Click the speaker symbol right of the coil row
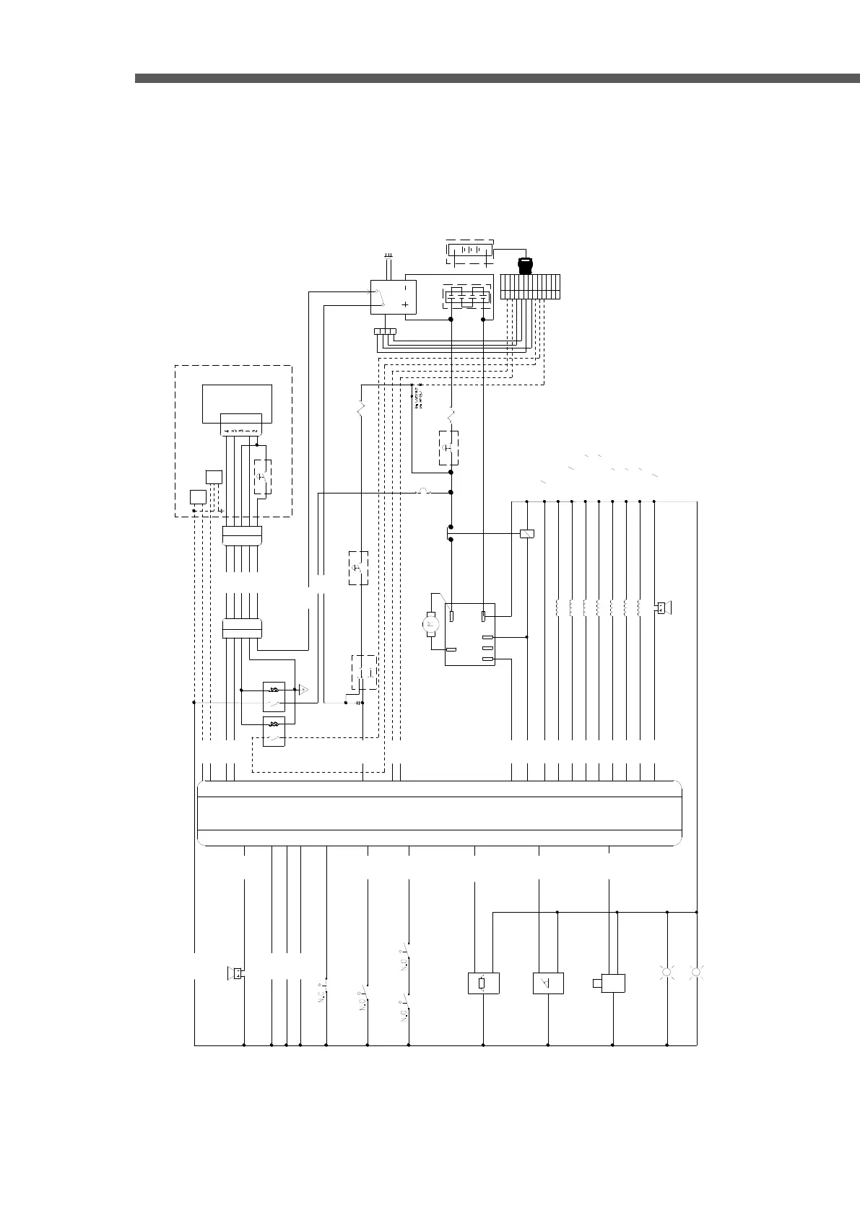click(x=661, y=608)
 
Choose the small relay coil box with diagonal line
click(x=527, y=534)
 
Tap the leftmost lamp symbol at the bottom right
click(x=666, y=973)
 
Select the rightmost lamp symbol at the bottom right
click(x=696, y=973)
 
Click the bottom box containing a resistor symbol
click(x=483, y=983)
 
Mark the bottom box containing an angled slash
click(x=548, y=983)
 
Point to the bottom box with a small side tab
click(x=611, y=983)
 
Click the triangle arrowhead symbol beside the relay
click(x=305, y=691)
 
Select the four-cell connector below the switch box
click(x=385, y=332)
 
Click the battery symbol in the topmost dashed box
click(x=469, y=251)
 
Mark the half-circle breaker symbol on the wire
click(x=424, y=492)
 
